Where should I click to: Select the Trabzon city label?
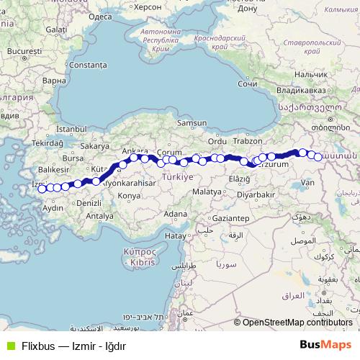coord(246,141)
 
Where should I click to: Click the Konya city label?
coord(129,195)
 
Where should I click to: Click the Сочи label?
coord(247,84)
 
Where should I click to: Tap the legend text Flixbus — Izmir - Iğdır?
coord(63,343)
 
